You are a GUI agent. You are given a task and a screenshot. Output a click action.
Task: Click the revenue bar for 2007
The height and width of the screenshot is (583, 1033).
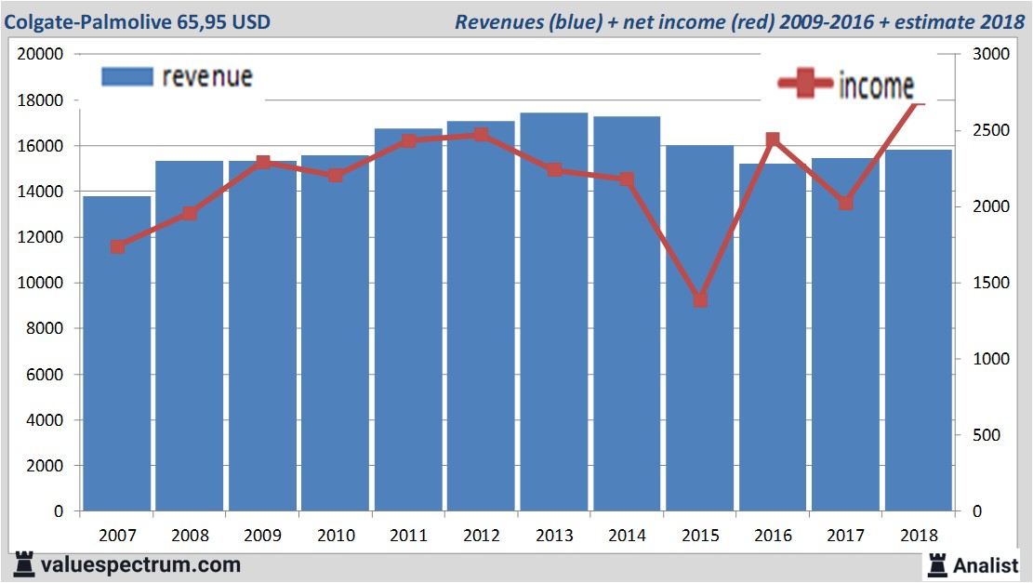[117, 353]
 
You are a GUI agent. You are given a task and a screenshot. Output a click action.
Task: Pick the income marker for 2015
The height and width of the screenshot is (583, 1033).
[700, 299]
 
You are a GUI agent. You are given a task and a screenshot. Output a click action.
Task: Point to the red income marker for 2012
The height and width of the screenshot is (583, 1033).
[481, 135]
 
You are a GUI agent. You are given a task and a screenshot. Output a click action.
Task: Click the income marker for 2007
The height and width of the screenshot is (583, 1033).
[117, 246]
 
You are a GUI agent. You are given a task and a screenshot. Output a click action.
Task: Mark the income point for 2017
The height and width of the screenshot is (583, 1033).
[846, 203]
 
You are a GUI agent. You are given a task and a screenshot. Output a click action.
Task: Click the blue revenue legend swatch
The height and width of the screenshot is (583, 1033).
[126, 76]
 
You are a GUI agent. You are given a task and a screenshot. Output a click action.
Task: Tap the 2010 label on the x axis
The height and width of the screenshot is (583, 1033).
[336, 537]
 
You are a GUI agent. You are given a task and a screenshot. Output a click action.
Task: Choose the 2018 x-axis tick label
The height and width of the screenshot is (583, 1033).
[919, 537]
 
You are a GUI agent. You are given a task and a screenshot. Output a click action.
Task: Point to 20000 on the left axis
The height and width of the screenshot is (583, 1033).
[40, 54]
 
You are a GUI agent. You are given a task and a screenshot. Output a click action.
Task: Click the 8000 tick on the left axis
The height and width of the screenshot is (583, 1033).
[45, 328]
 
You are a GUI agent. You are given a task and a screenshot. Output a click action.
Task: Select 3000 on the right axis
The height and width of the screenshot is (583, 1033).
[991, 54]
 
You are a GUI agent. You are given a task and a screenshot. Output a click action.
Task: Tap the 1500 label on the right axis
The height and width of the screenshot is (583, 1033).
[991, 283]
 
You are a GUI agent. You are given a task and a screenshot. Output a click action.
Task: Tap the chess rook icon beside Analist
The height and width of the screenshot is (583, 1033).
[936, 564]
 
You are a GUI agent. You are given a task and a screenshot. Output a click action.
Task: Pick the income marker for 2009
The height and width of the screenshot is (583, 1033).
[263, 163]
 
